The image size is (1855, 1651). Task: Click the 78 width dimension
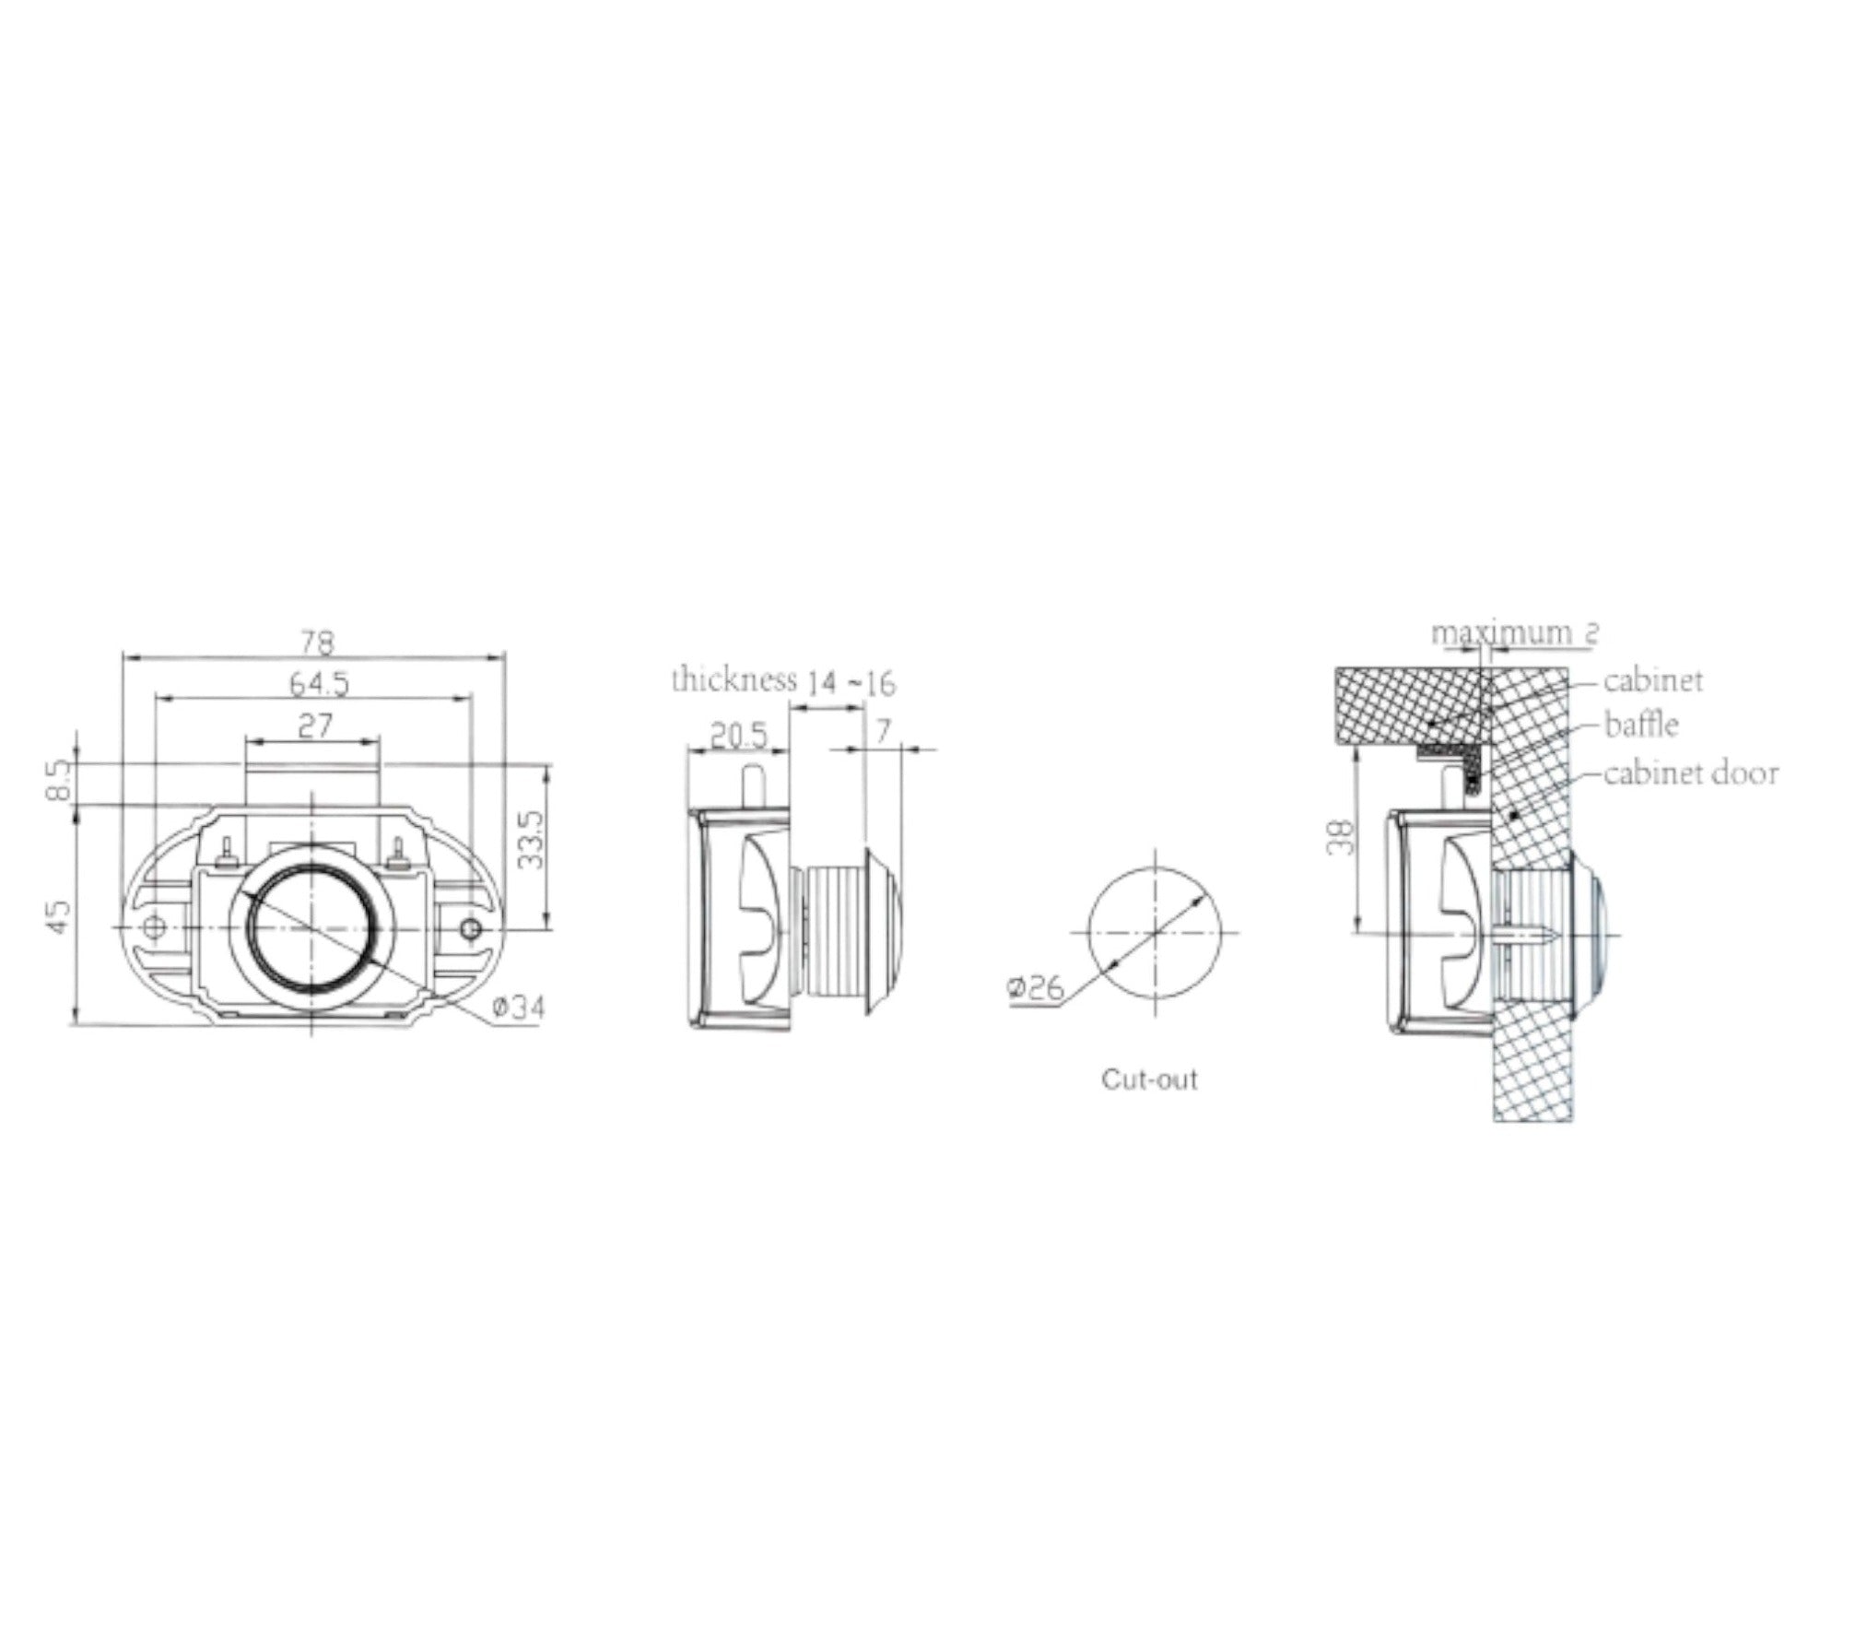(x=315, y=642)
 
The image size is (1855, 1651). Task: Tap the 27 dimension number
(x=314, y=726)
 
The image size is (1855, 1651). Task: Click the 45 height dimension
(x=58, y=916)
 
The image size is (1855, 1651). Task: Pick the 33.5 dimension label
(x=532, y=840)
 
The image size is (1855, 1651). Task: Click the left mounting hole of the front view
(x=155, y=926)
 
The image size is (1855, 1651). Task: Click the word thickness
(x=734, y=680)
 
